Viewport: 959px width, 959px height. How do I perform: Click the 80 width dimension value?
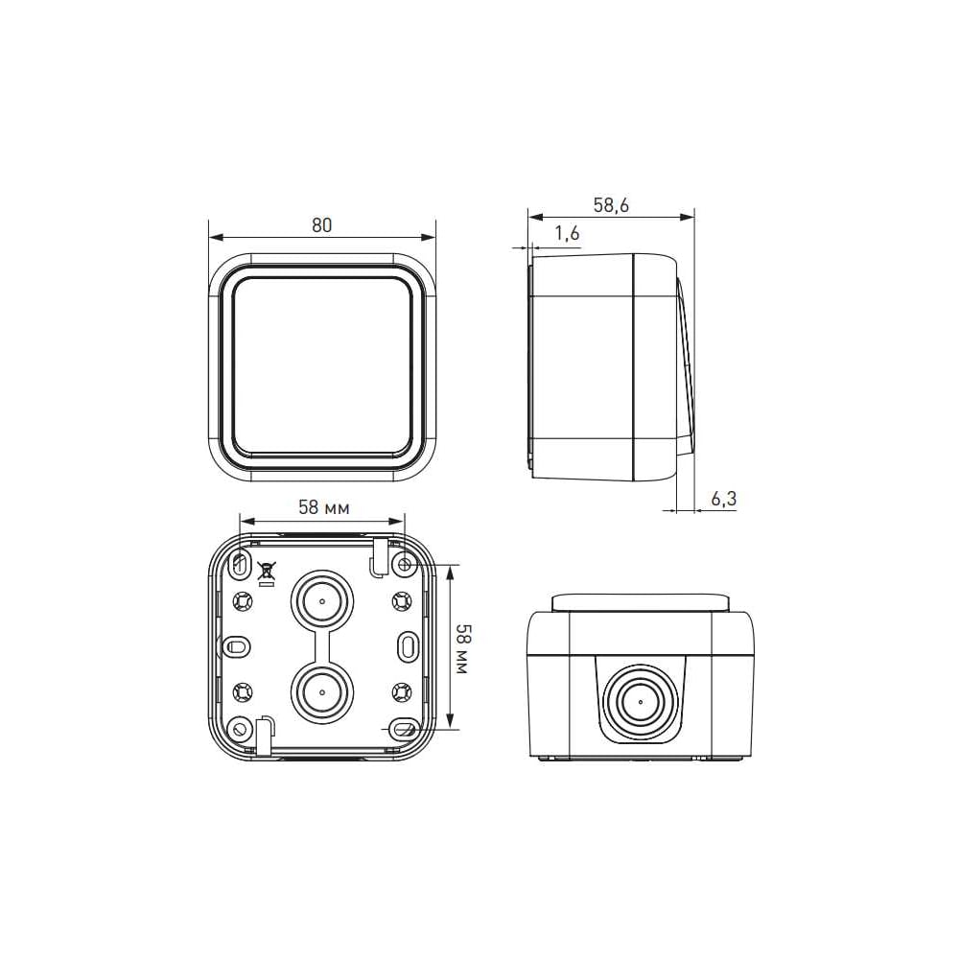(x=321, y=225)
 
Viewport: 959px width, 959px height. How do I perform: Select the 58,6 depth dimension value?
(x=611, y=205)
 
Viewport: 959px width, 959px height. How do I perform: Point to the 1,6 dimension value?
(x=567, y=233)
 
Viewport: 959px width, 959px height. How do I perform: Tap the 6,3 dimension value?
(x=723, y=499)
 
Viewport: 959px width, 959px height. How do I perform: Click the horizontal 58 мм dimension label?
(x=323, y=507)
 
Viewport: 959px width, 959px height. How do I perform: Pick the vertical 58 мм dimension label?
(x=462, y=649)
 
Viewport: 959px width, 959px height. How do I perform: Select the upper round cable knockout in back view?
(x=321, y=600)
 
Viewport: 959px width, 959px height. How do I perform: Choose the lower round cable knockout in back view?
(x=321, y=692)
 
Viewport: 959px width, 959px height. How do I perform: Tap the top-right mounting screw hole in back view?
(x=405, y=564)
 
